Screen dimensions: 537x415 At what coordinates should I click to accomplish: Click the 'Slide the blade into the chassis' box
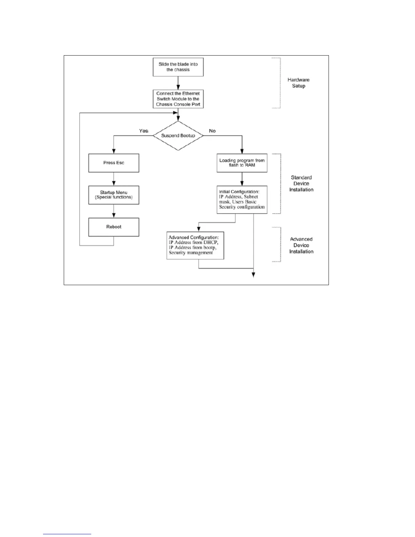178,67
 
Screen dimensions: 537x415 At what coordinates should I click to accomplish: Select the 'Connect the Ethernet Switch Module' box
178,99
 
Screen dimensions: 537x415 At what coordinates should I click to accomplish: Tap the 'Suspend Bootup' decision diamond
178,136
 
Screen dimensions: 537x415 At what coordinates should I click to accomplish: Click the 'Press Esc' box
114,163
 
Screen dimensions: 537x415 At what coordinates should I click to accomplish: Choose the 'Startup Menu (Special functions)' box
114,195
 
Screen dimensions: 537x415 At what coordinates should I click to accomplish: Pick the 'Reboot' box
114,227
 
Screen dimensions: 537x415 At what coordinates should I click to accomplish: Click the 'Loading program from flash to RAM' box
242,163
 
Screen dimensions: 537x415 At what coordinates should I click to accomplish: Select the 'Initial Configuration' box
242,200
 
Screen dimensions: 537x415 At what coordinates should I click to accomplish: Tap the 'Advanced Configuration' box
195,245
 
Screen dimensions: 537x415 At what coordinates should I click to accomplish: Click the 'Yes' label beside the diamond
144,131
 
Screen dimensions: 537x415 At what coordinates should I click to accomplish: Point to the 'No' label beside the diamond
212,131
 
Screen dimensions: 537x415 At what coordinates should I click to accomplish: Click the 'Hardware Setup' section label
298,83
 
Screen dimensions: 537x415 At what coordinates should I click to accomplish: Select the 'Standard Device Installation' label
301,183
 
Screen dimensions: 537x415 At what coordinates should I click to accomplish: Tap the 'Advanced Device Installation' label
301,245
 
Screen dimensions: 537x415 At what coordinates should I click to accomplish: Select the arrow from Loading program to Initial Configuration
242,179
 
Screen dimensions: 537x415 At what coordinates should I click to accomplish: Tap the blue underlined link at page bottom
67,534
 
